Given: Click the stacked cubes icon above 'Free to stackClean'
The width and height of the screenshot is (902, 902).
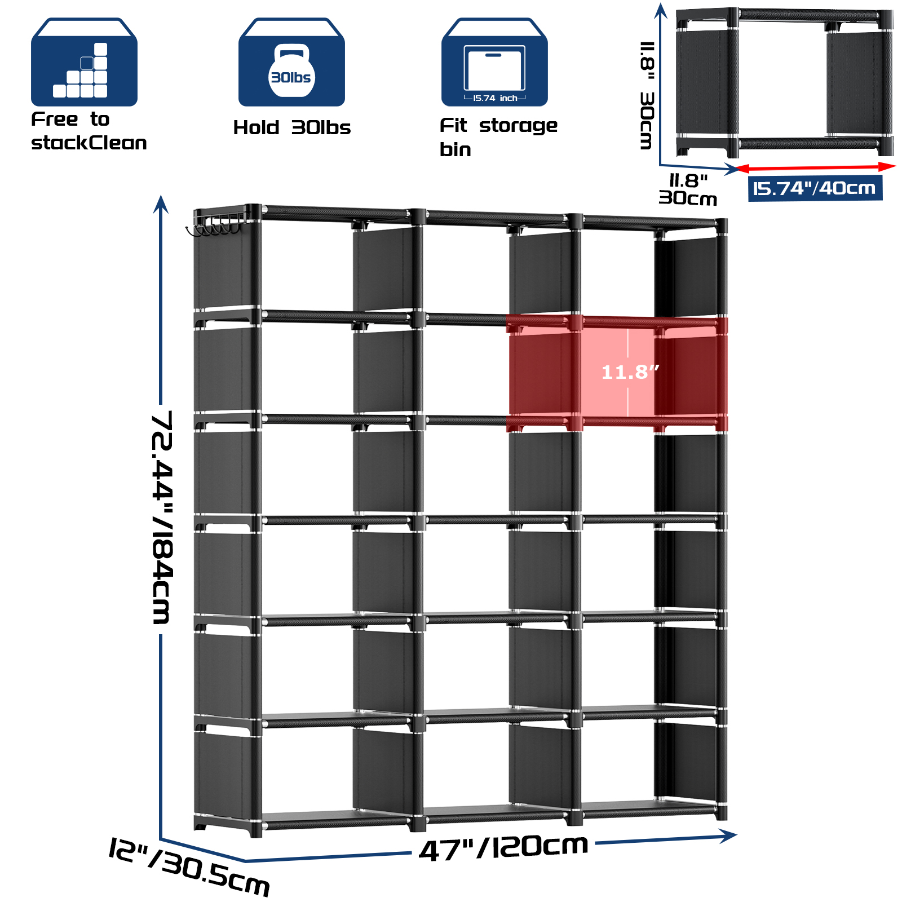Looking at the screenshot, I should [84, 63].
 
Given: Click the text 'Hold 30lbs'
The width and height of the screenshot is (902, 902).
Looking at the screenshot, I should [291, 128].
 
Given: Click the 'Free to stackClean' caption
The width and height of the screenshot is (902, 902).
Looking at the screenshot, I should [89, 131].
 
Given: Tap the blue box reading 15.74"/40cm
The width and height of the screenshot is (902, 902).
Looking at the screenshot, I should [815, 188].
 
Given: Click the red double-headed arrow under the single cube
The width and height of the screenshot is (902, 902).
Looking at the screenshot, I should [815, 167].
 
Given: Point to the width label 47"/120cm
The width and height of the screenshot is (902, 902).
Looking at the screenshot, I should [503, 847].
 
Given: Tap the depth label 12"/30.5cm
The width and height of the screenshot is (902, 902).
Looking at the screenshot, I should [189, 866].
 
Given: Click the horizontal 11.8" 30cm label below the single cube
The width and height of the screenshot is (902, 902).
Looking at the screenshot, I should [688, 189].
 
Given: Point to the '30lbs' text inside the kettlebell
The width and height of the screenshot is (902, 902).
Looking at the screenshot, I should [291, 78].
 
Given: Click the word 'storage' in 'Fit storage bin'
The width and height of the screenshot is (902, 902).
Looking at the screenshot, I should [518, 126].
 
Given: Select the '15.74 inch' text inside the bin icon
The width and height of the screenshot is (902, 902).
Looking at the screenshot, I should [495, 98].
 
